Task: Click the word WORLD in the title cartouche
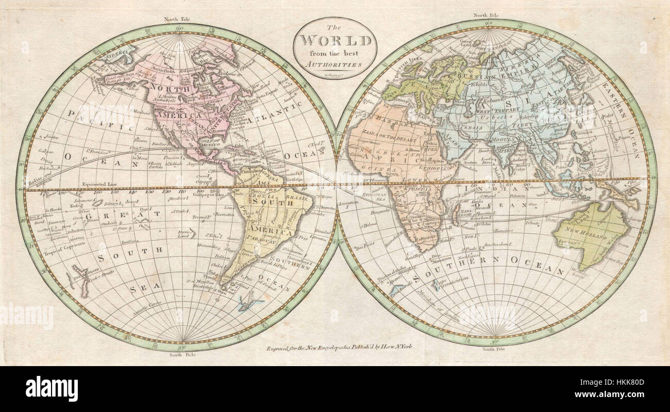pos(335,40)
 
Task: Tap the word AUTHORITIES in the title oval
pos(335,64)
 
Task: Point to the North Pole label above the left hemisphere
pos(177,19)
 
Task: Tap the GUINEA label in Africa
pos(380,169)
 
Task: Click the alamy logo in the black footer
pos(52,388)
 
